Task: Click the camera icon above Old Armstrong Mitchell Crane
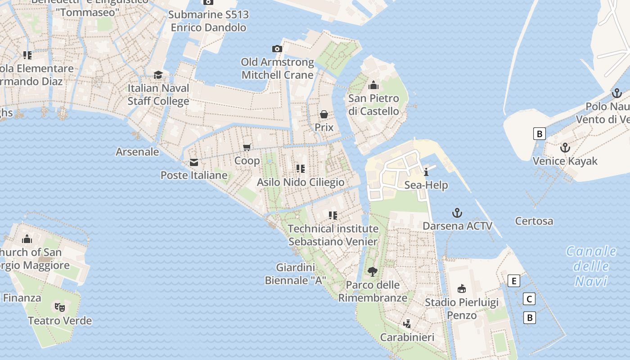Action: tap(277, 49)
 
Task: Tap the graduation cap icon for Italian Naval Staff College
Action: tap(158, 75)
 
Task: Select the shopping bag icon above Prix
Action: tap(324, 114)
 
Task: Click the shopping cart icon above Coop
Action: tap(247, 147)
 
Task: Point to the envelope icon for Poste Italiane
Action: tap(194, 162)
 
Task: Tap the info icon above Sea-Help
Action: tap(426, 171)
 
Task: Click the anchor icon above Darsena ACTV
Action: tap(457, 212)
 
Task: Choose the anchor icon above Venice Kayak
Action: tap(565, 148)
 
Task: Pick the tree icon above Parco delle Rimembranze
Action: tap(372, 271)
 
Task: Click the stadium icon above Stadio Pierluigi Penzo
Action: tap(461, 288)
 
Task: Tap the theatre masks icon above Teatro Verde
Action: tap(60, 307)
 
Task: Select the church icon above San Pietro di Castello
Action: tap(373, 85)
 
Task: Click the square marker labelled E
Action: tap(513, 281)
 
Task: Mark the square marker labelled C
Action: tap(530, 299)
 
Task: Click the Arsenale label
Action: tap(137, 152)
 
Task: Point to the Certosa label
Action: tap(534, 221)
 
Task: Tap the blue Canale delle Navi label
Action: tap(591, 266)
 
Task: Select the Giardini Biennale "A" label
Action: tap(295, 274)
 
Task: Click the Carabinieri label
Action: tap(407, 337)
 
